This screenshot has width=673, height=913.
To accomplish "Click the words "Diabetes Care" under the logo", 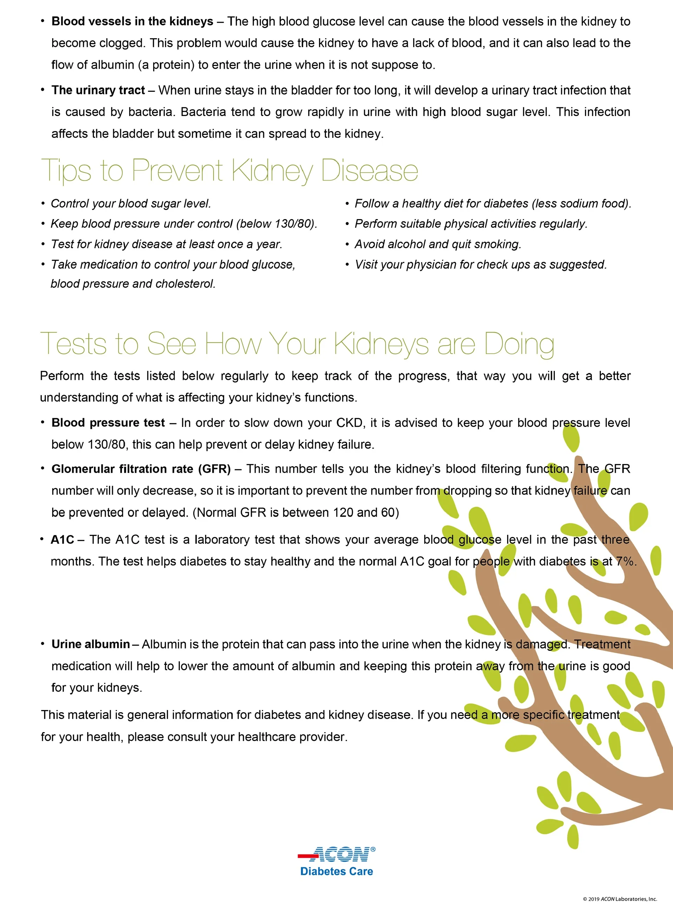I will coord(336,871).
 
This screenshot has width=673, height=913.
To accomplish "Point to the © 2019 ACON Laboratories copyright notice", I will coord(620,899).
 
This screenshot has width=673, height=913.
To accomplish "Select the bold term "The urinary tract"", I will coord(98,90).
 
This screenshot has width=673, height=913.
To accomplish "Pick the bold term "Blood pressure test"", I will coord(108,423).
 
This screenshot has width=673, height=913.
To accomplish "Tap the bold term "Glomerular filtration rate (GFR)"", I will coord(141,469).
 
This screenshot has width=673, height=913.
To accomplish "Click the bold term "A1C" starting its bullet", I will coord(62,540).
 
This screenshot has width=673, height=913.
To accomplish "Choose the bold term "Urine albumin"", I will coord(90,644).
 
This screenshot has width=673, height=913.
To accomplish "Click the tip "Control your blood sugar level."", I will coord(131,203).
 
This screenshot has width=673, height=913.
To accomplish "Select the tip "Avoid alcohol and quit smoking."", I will coord(437,244).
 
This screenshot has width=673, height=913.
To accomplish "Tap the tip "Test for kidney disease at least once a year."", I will coord(166,244).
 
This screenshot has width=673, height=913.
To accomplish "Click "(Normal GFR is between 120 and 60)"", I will coord(296,512).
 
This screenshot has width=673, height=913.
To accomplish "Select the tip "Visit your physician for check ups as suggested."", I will coord(481,264).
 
